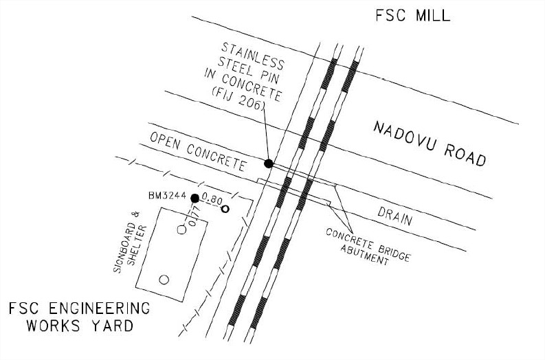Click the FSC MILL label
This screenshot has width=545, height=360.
413,16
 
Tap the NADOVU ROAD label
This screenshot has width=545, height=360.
430,144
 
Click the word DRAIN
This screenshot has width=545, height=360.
395,216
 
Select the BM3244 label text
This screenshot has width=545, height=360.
167,196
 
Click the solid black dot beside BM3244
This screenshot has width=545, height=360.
195,199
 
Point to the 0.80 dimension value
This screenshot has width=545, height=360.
212,200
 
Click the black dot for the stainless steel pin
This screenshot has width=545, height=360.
268,164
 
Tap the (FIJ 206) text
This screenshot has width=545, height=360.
238,99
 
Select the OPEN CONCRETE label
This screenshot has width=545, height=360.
198,152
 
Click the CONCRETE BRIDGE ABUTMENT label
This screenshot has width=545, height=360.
368,247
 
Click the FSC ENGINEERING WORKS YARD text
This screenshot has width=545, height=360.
80,317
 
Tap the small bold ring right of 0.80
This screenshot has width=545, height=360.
225,209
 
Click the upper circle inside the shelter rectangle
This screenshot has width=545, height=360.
182,229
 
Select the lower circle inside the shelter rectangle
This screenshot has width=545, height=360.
164,280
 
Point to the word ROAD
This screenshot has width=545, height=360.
465,155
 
